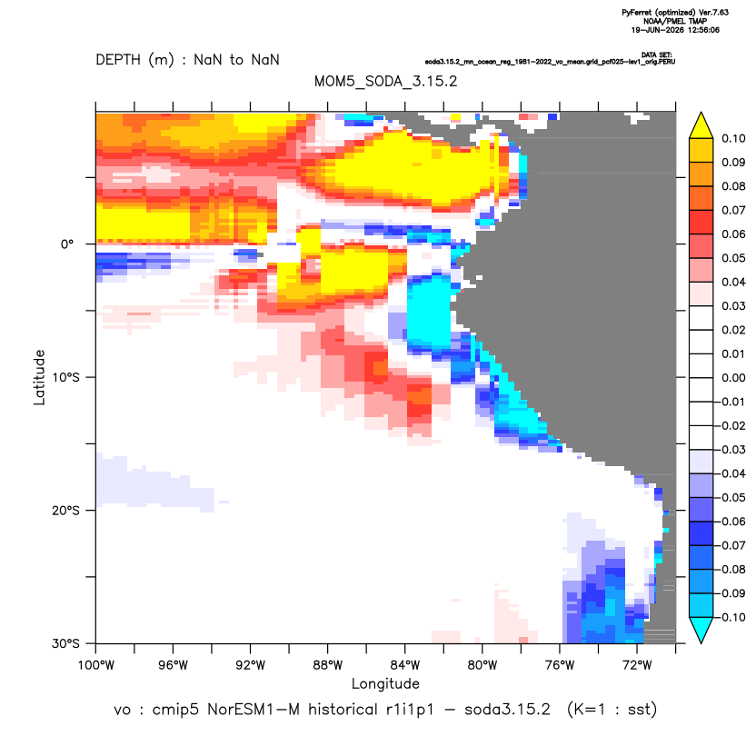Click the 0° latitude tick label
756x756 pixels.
67,244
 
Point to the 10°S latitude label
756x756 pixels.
65,377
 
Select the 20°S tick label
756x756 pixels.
65,510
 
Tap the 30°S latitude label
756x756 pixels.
65,643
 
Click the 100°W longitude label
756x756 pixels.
96,665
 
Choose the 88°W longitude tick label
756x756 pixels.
328,665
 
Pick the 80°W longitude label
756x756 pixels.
482,665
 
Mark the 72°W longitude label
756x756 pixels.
637,665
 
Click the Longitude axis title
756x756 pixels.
385,683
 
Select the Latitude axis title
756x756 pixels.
39,377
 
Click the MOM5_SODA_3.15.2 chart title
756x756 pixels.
385,81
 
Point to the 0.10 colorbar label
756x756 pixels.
733,138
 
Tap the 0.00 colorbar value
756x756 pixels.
733,377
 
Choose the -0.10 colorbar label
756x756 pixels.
731,617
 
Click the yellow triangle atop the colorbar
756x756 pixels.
701,126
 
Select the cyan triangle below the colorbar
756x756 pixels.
701,630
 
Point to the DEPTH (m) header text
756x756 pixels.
135,60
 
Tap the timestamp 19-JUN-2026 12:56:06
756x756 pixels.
675,30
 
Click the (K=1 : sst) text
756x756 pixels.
612,710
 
